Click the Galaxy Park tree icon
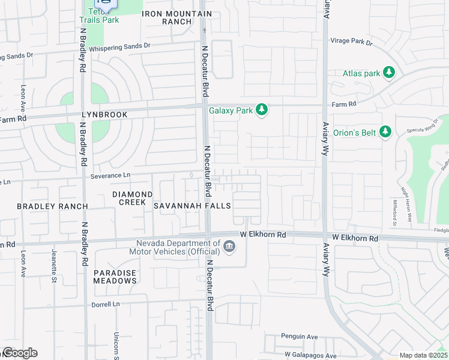point(261,110)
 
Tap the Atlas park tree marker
point(389,73)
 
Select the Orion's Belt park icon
point(385,131)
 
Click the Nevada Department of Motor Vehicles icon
point(229,247)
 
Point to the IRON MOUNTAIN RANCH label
point(176,17)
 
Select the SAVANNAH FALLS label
point(192,206)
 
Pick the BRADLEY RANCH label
point(52,206)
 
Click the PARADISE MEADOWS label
point(115,277)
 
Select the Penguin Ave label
point(300,337)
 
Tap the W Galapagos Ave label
point(309,354)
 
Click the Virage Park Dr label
point(351,43)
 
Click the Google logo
point(19,353)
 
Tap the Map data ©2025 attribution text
point(423,355)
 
